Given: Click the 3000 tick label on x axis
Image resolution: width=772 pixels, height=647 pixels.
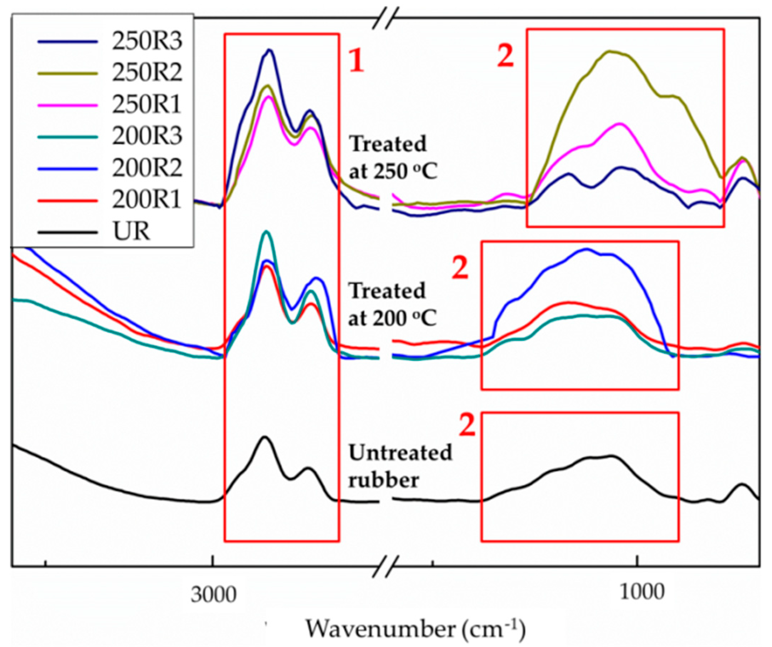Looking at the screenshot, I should [x=213, y=595].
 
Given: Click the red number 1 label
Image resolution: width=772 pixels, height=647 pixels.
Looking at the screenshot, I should [x=356, y=62].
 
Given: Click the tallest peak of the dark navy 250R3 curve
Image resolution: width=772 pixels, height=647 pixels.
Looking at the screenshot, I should [x=270, y=50].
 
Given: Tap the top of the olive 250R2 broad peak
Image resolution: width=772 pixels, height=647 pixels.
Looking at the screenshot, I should [x=609, y=51].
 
